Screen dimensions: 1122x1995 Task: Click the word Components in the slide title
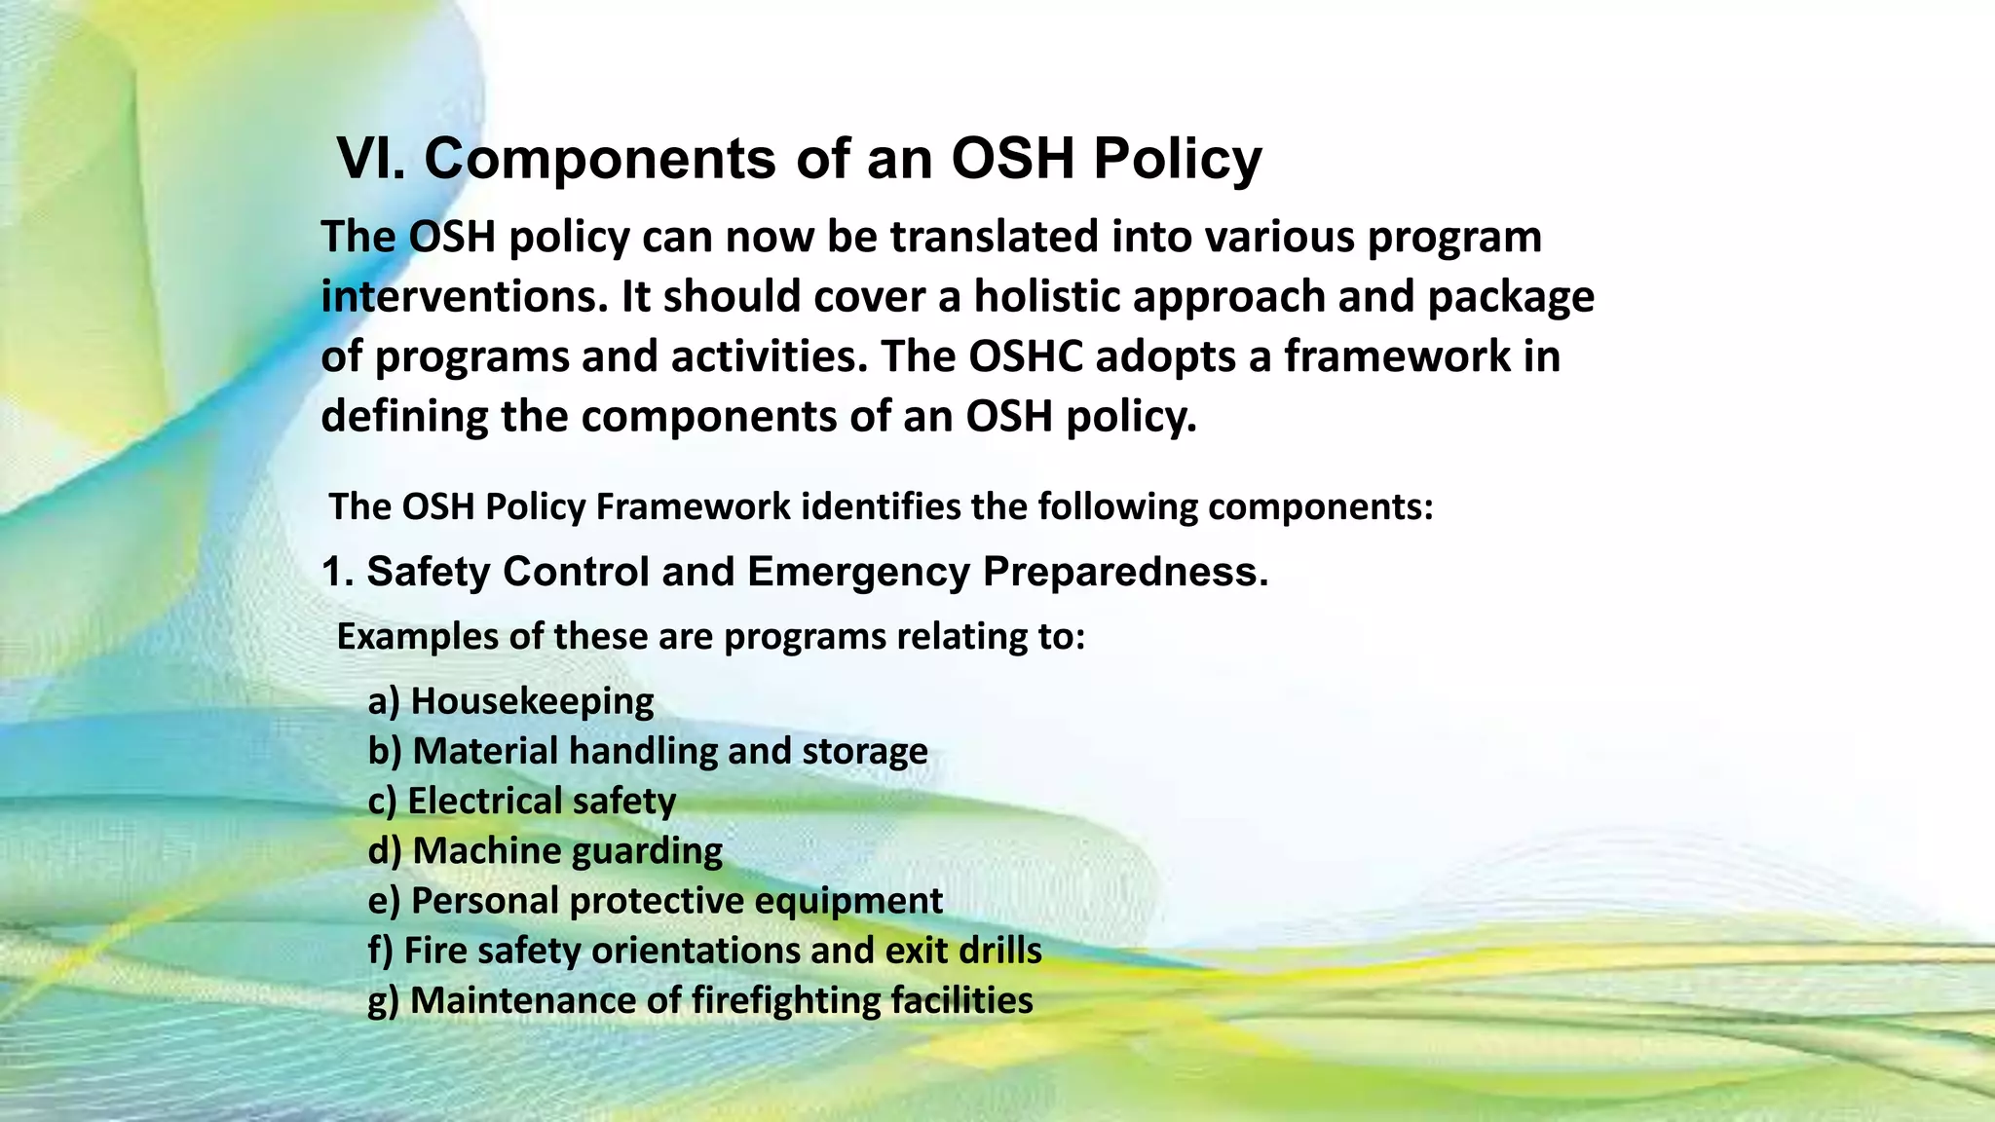point(600,158)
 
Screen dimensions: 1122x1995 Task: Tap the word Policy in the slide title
point(1177,158)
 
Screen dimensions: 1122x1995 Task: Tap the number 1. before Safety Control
point(337,572)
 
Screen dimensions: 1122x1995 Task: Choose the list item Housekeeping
point(532,701)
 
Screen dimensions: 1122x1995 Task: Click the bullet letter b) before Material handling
point(385,752)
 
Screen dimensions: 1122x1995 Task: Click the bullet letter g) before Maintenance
point(384,1001)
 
